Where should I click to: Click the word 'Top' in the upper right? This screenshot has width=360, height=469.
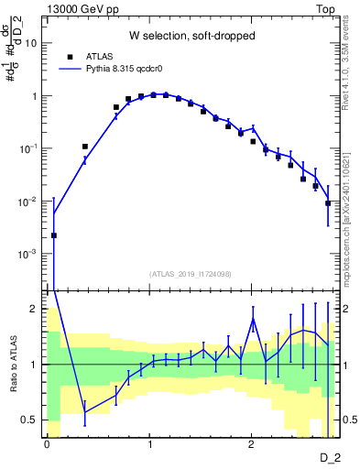[x=326, y=8]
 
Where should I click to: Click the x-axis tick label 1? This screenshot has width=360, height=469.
[x=148, y=444]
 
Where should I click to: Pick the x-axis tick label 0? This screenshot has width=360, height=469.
[x=47, y=444]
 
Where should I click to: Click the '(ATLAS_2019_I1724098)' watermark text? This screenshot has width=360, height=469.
[x=190, y=273]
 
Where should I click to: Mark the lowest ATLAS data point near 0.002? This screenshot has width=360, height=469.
[x=54, y=235]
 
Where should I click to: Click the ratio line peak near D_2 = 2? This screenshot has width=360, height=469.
[x=253, y=319]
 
